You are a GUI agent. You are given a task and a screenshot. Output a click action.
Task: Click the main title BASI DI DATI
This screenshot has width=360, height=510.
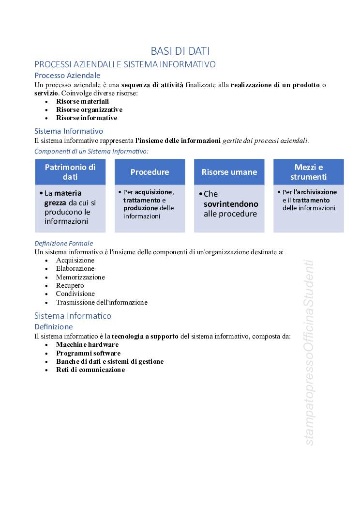click(x=180, y=51)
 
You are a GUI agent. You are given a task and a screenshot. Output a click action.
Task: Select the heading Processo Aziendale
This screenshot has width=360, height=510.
click(x=67, y=75)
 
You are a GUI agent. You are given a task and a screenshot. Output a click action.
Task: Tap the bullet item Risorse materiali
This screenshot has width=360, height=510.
click(x=82, y=101)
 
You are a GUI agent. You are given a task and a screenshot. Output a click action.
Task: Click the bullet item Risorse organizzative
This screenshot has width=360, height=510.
click(x=89, y=109)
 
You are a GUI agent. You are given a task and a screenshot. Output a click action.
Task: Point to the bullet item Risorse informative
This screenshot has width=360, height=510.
click(x=87, y=118)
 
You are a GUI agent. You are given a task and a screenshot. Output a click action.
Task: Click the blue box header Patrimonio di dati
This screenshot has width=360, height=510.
click(x=70, y=172)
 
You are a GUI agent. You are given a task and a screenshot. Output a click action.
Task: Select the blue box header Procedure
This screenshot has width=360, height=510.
click(x=150, y=172)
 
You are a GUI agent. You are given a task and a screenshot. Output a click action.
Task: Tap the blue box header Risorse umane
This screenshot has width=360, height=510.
click(x=229, y=172)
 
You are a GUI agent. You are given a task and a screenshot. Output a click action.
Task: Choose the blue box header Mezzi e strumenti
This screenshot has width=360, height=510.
click(x=309, y=172)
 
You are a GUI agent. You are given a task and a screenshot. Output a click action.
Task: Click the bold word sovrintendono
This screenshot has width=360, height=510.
click(x=231, y=204)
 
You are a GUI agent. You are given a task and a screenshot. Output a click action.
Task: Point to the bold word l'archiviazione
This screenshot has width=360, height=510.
click(x=315, y=192)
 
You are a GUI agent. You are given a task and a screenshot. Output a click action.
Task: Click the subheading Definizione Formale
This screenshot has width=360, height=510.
click(x=63, y=243)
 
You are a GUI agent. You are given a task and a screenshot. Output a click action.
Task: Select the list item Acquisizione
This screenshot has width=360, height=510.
click(x=75, y=260)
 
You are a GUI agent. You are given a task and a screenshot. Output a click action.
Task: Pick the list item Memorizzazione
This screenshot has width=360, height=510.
click(x=80, y=277)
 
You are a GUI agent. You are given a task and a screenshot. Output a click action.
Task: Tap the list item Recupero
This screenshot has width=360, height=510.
click(x=70, y=285)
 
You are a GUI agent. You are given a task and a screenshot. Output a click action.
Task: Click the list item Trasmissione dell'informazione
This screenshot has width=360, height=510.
click(x=102, y=302)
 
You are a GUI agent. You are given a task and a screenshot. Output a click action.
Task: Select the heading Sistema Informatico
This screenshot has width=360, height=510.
click(x=73, y=316)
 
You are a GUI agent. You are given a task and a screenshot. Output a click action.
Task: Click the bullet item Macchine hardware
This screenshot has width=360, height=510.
click(x=87, y=344)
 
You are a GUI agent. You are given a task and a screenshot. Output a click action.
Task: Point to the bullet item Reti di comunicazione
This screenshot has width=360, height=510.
click(x=90, y=370)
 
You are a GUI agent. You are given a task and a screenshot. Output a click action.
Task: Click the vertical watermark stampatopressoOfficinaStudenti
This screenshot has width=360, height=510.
click(x=310, y=353)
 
